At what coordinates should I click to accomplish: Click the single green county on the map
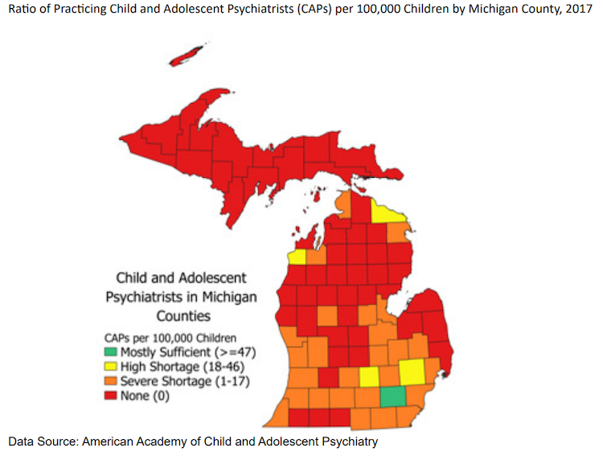pos(392,396)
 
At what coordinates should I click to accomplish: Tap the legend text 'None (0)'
pos(145,395)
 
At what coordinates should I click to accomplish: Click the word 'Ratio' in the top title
pos(24,17)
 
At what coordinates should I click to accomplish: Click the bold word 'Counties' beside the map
pos(183,315)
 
